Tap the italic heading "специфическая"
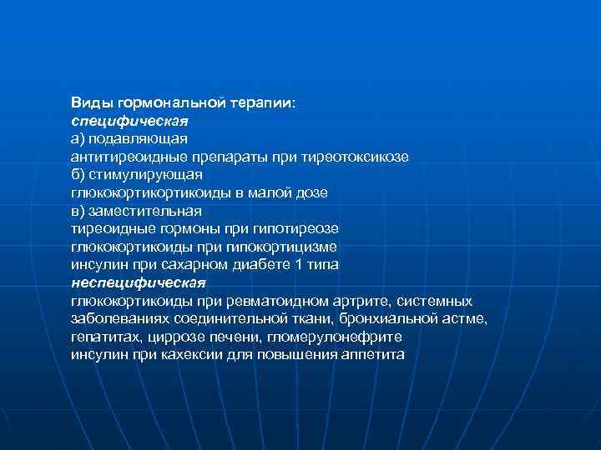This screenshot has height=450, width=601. pos(118,121)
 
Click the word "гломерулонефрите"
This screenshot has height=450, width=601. pos(345,337)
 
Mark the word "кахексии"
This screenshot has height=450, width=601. pos(189,354)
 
